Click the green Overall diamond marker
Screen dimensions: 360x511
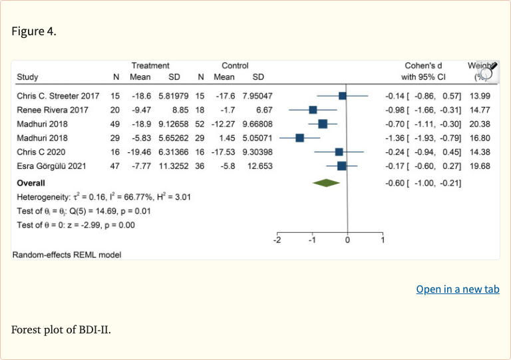click(x=327, y=183)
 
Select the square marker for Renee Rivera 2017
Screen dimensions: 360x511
click(x=313, y=110)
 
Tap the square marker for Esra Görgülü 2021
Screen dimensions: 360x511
click(x=341, y=166)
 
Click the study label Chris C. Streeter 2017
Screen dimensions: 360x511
click(x=58, y=96)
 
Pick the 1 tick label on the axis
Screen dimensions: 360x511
click(x=383, y=240)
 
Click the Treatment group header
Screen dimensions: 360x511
click(x=150, y=66)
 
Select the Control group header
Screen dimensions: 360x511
click(x=235, y=66)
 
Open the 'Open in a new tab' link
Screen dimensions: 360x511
click(x=458, y=289)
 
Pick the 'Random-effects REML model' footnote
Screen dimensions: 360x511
click(x=67, y=254)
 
